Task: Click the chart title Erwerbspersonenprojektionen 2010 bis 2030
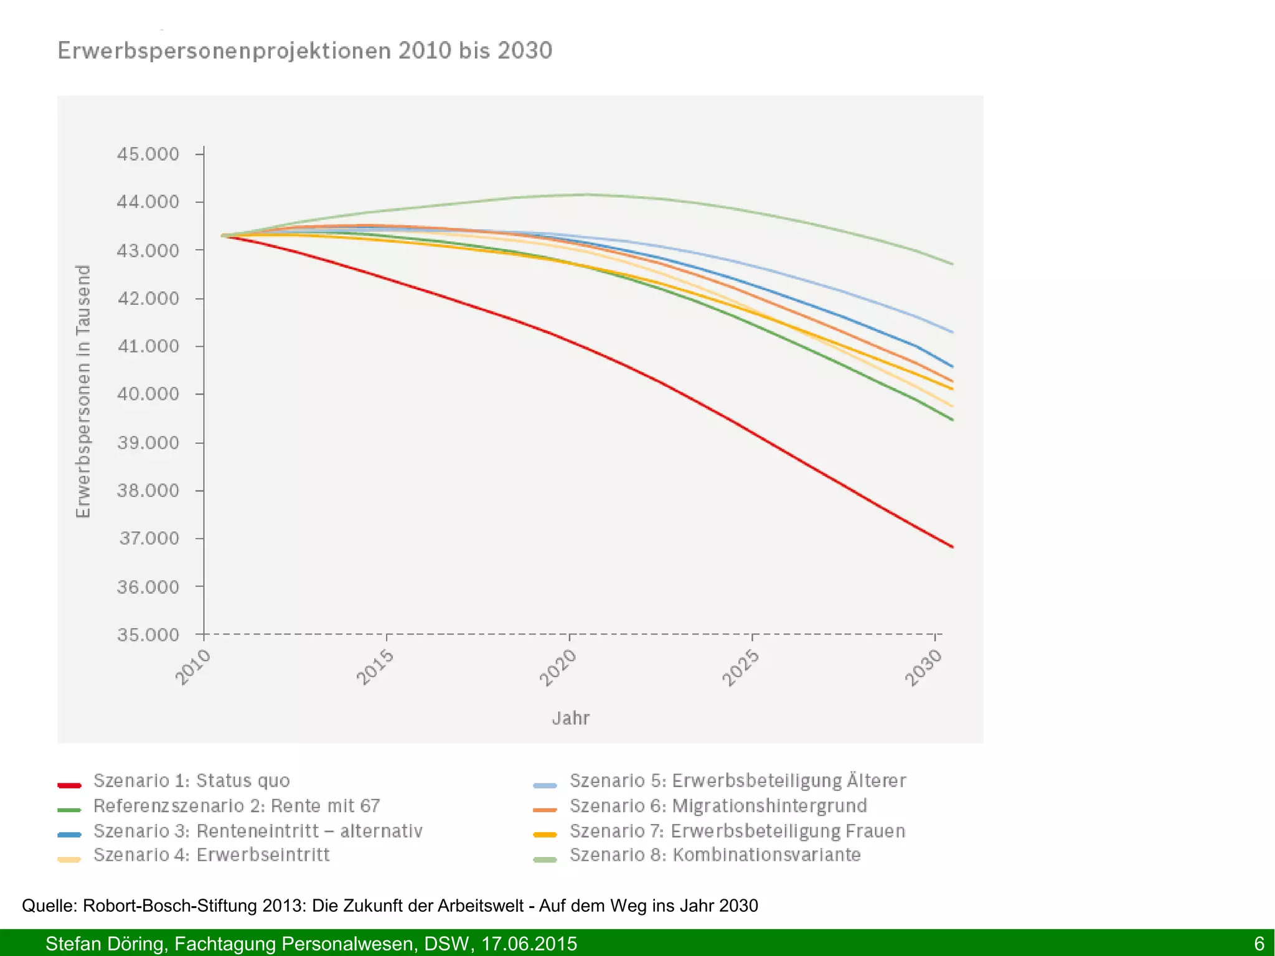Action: coord(304,50)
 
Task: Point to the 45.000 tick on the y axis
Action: coord(148,154)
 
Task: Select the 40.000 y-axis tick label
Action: coord(148,394)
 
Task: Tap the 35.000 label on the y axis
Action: coord(148,635)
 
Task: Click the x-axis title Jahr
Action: coord(570,718)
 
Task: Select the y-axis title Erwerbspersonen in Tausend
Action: coord(83,391)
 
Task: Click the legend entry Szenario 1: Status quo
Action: coord(191,780)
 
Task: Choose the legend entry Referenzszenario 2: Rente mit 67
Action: coord(236,806)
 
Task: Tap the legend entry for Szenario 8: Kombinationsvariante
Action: coord(715,855)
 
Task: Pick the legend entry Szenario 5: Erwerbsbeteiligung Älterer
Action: coord(737,780)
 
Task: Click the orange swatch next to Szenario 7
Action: coord(545,835)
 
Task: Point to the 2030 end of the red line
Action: coord(952,546)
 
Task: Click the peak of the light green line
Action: coord(585,194)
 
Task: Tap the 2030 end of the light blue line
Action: coord(952,331)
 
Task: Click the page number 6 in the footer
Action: coord(1259,944)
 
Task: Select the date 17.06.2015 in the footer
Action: coord(529,944)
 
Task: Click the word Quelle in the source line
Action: coord(49,906)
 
